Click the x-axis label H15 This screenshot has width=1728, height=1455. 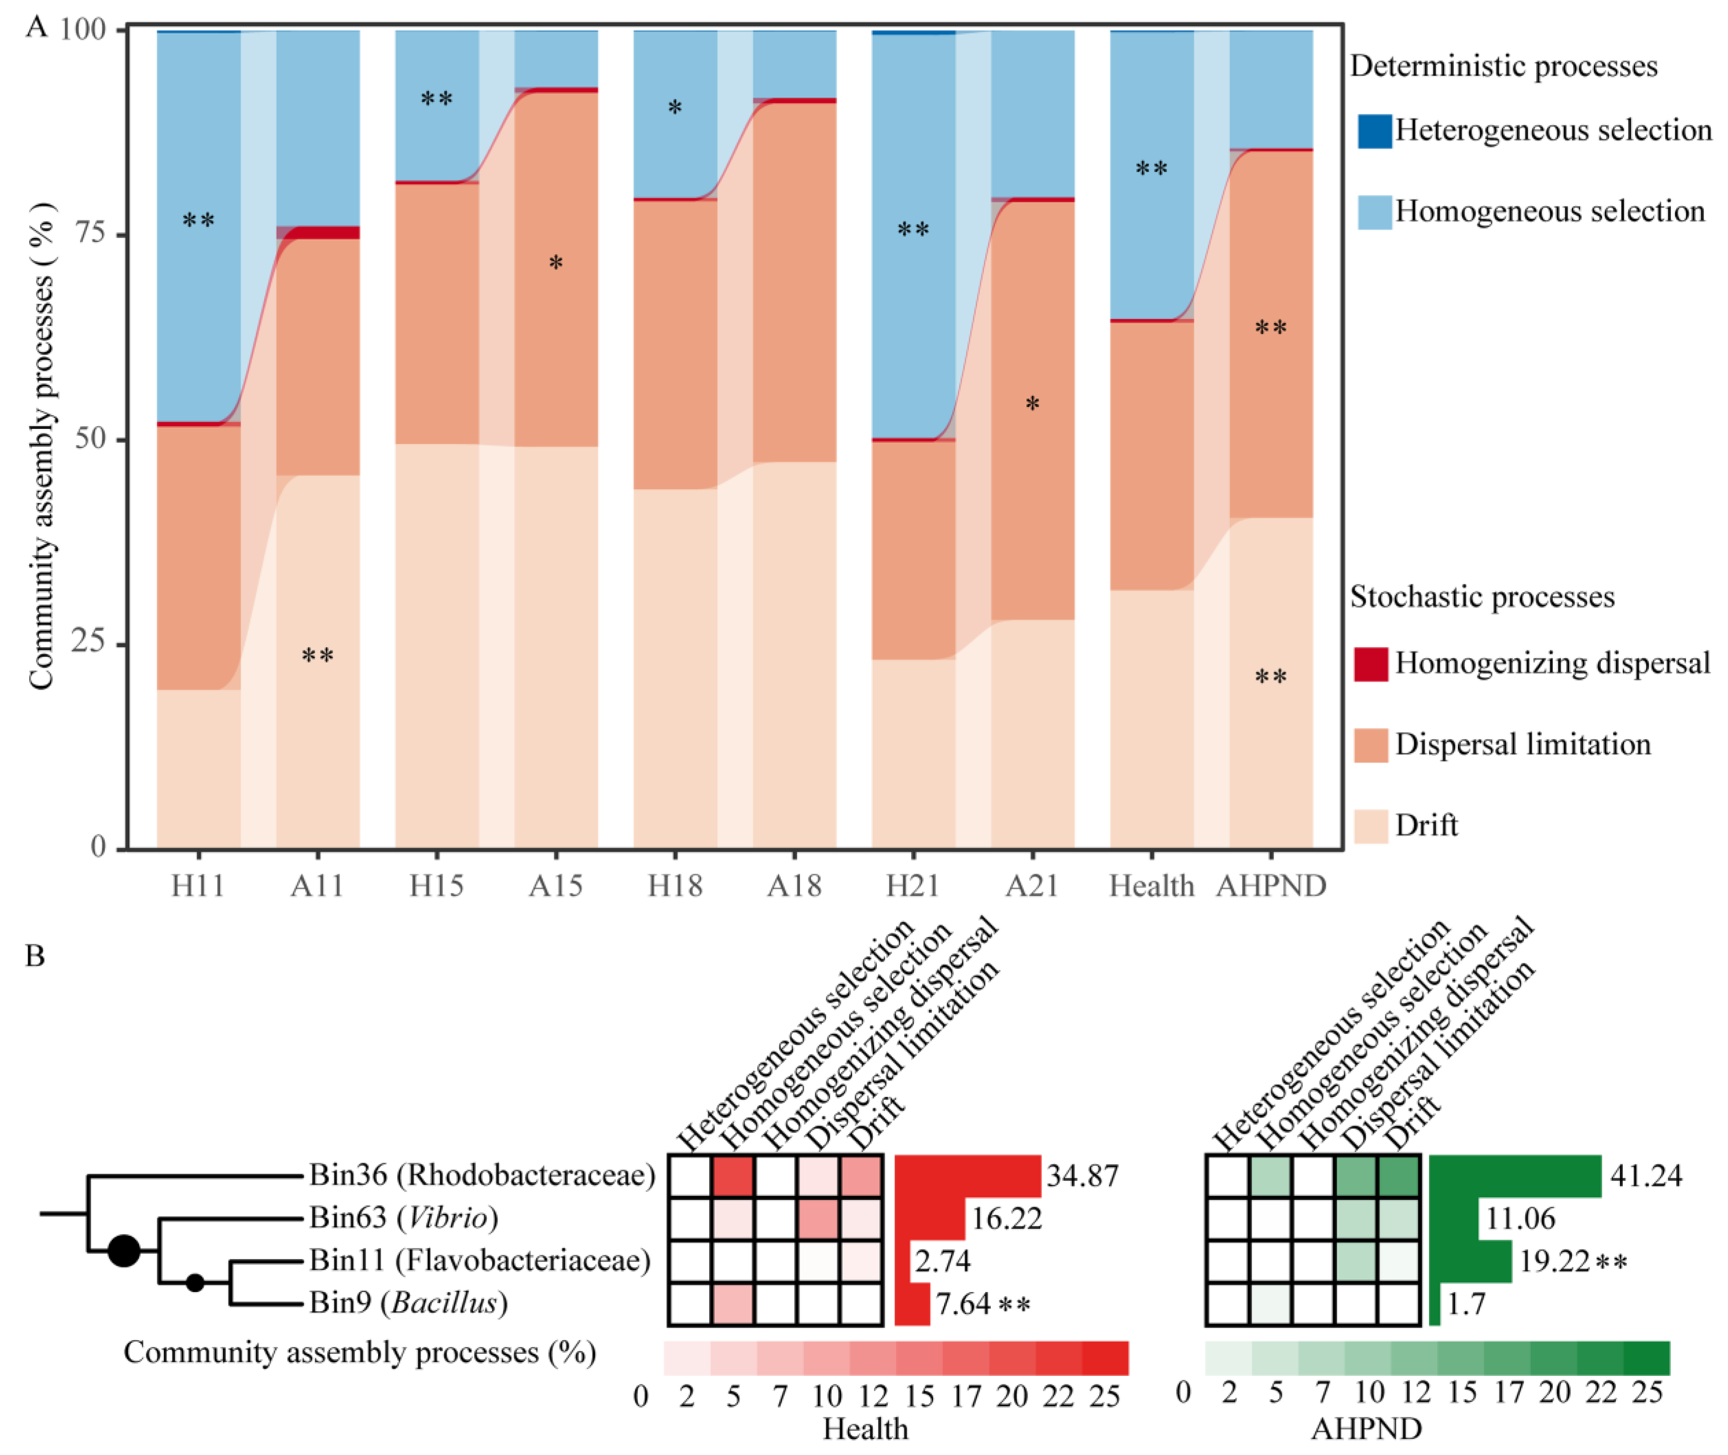coord(436,886)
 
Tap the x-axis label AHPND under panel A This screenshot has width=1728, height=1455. coord(1271,886)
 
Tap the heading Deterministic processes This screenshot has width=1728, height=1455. coord(1503,66)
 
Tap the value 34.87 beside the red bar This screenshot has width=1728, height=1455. coord(1082,1175)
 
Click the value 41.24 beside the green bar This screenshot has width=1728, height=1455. coord(1646,1175)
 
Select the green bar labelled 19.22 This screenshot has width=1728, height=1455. coord(1470,1261)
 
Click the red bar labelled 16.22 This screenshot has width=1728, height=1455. coord(929,1218)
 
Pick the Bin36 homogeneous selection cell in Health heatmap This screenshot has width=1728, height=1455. coord(733,1175)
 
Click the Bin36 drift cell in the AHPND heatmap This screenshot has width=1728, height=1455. coord(1398,1175)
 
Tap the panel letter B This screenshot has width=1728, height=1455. coord(35,956)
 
